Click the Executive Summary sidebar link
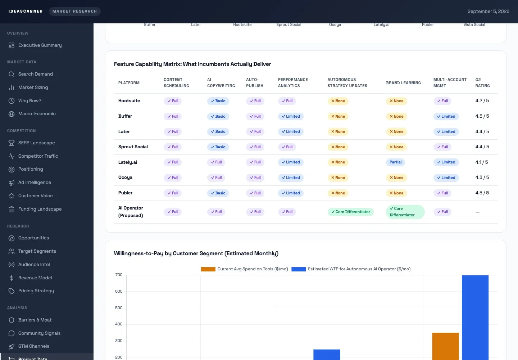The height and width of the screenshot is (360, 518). pos(40,45)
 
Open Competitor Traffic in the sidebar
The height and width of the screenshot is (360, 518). pos(38,156)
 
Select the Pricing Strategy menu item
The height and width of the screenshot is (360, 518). pos(36,291)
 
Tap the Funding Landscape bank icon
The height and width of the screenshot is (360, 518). pos(12,209)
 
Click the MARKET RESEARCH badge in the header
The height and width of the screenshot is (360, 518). pos(74,11)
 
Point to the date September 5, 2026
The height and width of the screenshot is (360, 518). pos(488,11)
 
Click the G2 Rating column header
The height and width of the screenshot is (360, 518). pos(482,82)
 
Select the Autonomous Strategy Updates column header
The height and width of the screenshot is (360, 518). pos(347,82)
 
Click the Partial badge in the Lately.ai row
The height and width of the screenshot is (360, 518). pos(395,162)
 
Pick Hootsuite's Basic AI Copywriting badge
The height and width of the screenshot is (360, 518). pos(218,101)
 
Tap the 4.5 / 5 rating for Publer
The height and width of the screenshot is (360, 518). pos(482,193)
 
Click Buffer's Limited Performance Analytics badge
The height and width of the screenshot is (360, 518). pos(290,116)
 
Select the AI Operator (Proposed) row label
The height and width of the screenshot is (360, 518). pos(131,212)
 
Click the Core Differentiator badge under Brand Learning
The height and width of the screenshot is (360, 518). pos(405,212)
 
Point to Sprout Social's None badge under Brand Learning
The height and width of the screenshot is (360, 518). pos(396,147)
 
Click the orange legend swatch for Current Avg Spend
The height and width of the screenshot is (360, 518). pos(208,269)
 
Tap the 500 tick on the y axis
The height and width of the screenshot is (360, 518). pos(119,308)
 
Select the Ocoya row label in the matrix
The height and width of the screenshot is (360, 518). pos(125,177)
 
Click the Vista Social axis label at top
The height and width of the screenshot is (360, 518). pos(474,24)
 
